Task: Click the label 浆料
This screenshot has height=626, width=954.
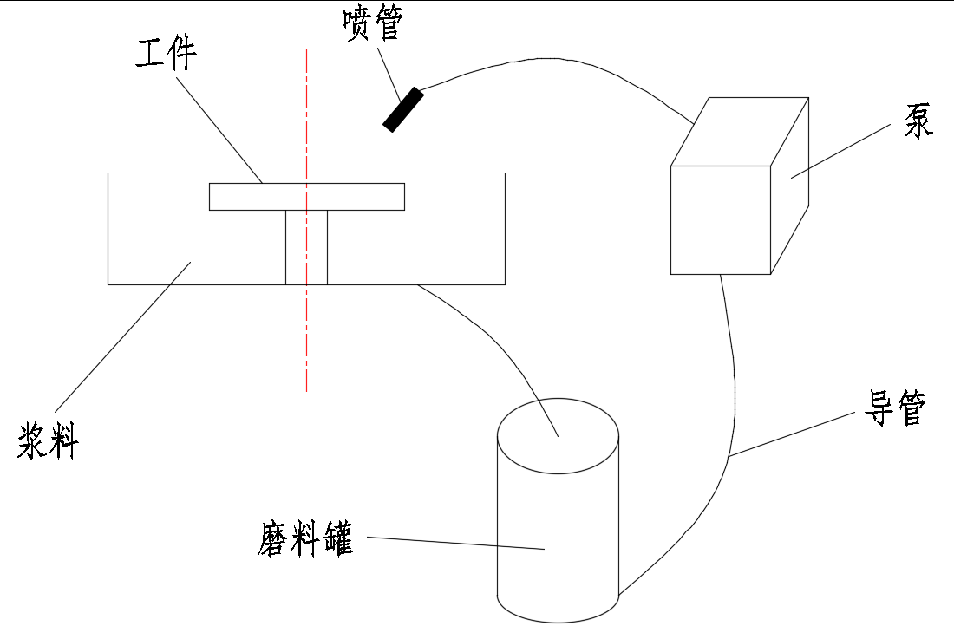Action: pyautogui.click(x=48, y=440)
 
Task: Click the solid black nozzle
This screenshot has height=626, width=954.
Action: pyautogui.click(x=403, y=109)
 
